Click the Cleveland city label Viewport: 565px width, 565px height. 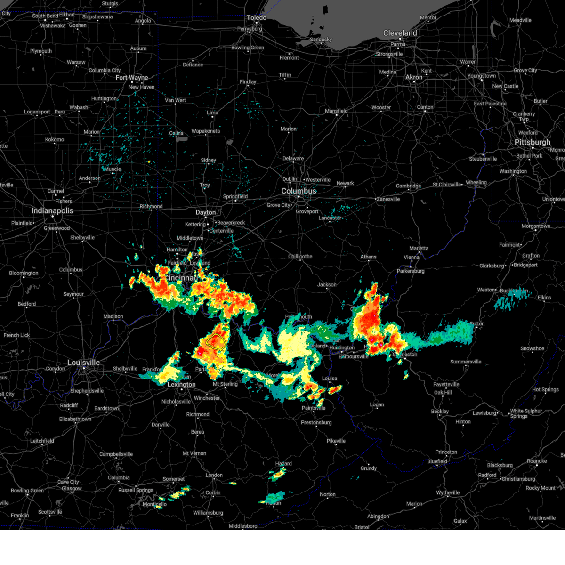coord(400,33)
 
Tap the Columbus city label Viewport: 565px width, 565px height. coord(299,191)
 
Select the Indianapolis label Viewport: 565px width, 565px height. coord(52,210)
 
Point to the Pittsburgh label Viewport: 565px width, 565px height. coord(532,142)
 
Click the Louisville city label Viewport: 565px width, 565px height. coord(83,363)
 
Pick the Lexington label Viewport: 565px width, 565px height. coord(181,385)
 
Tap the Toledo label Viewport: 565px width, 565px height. coord(257,18)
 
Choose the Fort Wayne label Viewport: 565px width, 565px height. coord(132,78)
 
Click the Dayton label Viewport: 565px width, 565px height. coord(206,212)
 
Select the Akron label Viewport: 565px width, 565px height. coord(414,77)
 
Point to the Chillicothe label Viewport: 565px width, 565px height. coord(300,257)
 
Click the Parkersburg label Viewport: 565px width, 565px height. coord(411,271)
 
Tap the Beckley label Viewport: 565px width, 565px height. coord(440,412)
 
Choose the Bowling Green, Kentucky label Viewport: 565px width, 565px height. coord(27,491)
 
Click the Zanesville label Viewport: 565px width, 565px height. coord(388,199)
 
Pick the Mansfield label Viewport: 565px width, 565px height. coord(336,111)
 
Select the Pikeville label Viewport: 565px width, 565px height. coord(336,441)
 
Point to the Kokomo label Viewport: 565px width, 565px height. coord(55,140)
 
